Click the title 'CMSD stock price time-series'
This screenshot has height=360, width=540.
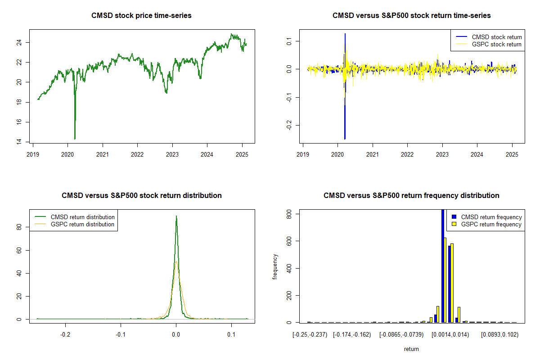141,16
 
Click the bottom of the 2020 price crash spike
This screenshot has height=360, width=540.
75,139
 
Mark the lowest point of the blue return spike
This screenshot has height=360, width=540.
345,139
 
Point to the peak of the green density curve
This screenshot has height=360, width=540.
176,216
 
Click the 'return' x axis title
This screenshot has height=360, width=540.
411,349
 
